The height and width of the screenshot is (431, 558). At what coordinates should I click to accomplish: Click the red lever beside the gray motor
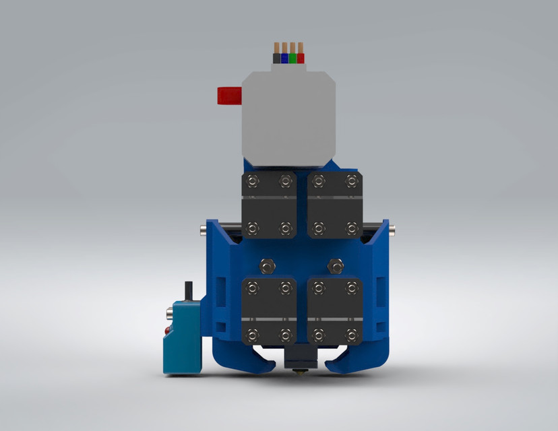pos(228,96)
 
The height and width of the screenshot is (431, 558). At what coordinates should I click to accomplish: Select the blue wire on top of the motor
pos(284,58)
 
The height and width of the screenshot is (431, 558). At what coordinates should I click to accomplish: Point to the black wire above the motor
pos(277,58)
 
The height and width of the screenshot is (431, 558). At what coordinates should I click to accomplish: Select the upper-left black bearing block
pos(268,205)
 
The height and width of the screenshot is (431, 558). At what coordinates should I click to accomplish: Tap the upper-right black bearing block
pos(335,205)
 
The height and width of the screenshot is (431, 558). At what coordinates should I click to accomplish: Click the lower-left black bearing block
pos(269,310)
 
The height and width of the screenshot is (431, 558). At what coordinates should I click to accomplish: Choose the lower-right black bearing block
pos(335,310)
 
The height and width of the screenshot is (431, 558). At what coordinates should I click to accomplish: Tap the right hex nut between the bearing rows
pos(334,262)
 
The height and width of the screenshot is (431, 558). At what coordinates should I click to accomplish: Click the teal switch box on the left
pos(183,337)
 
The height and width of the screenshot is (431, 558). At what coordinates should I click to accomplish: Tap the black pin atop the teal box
pos(189,289)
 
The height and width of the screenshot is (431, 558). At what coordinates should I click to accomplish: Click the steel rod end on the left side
pos(204,232)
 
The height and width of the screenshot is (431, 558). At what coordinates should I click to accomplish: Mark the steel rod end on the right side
pos(392,232)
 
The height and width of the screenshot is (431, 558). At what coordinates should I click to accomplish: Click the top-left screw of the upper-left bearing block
pos(252,180)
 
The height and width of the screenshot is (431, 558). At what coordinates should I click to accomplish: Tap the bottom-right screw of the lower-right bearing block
pos(350,333)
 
